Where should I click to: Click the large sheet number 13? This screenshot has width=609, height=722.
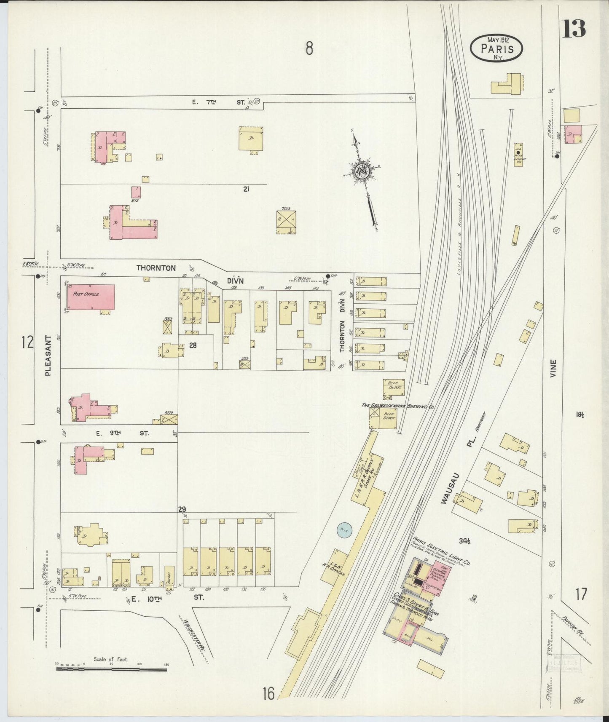[x=574, y=28]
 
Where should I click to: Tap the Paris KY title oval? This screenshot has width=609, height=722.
[x=497, y=48]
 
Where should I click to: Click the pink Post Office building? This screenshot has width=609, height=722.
[x=91, y=297]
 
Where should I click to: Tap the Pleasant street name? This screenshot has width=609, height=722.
[x=48, y=355]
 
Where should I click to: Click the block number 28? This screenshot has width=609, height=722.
[x=193, y=345]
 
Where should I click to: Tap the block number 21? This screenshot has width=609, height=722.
[x=246, y=189]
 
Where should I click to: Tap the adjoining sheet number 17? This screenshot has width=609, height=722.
[x=580, y=595]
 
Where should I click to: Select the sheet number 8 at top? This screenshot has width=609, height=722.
[x=309, y=49]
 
